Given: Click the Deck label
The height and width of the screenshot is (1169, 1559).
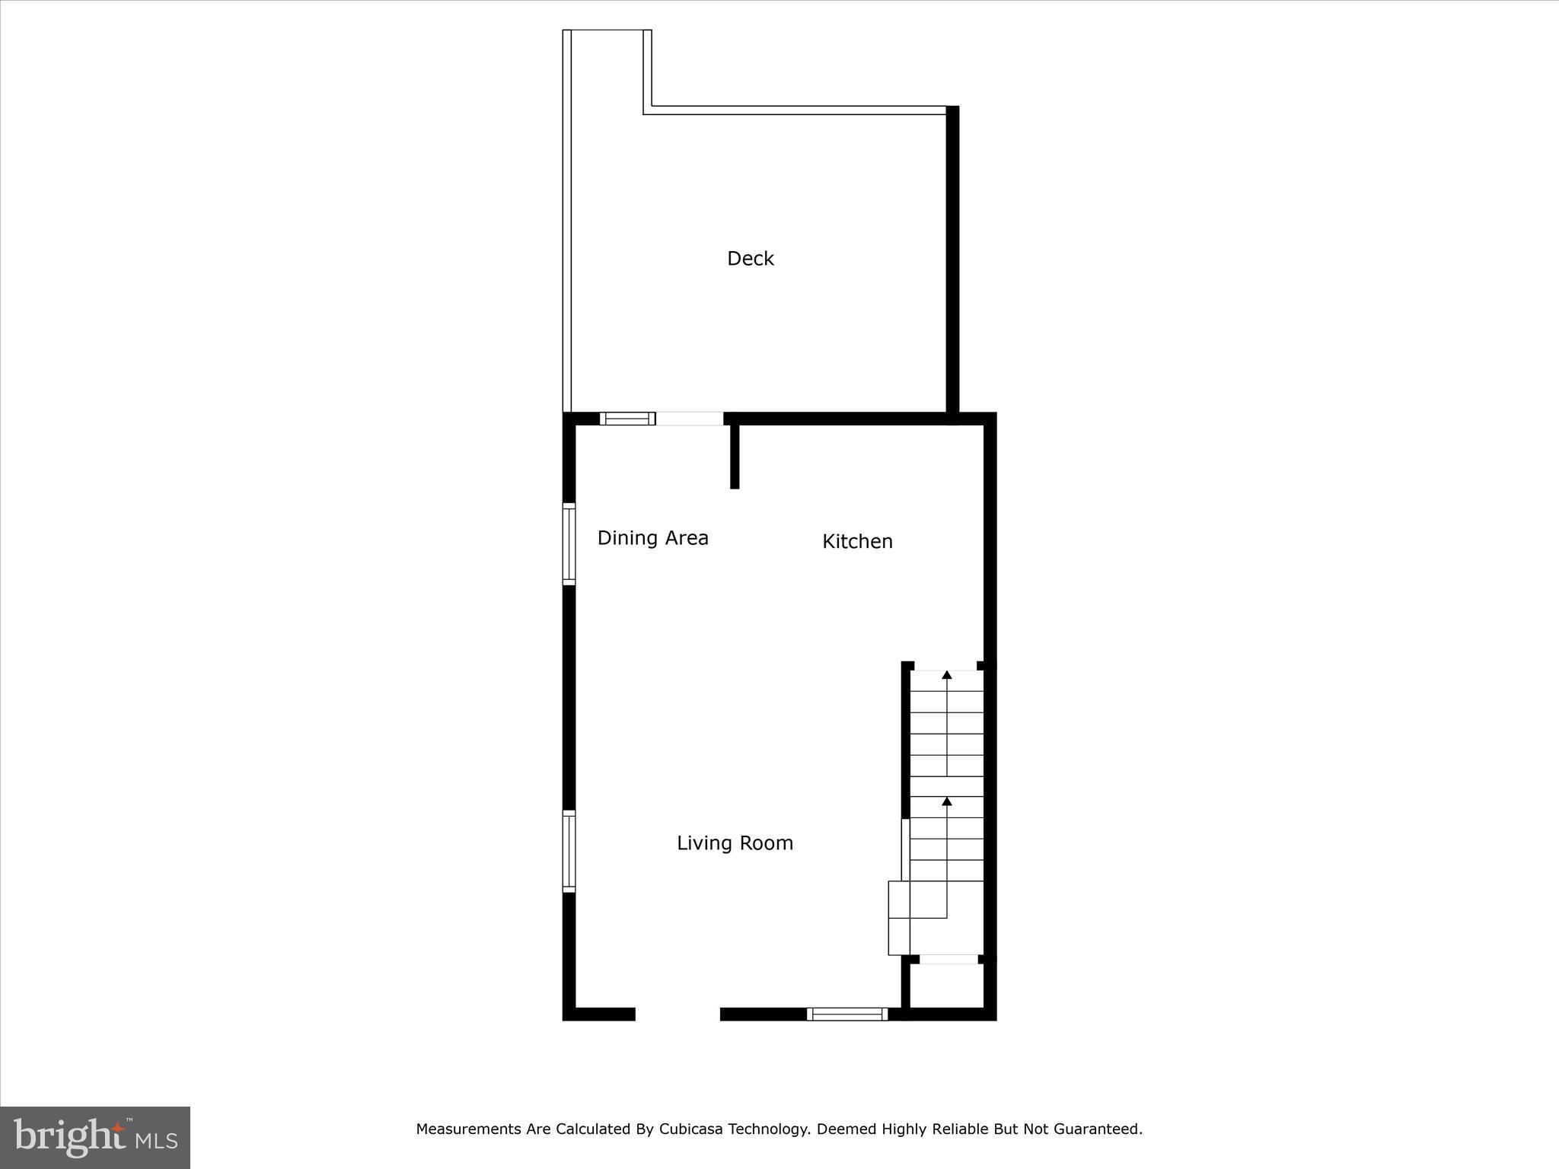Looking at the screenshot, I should click(750, 259).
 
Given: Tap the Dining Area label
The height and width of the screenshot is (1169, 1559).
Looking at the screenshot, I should click(652, 538).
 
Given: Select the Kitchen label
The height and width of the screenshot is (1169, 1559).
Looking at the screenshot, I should click(857, 541).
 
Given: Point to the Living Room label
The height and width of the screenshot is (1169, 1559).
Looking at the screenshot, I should click(735, 843).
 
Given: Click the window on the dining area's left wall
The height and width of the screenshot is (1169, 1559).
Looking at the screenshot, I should click(569, 543).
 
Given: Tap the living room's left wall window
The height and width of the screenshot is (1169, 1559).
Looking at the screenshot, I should click(569, 851).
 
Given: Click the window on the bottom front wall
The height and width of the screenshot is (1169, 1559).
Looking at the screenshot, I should click(846, 1014).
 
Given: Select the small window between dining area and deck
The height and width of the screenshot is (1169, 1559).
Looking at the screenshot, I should click(627, 419).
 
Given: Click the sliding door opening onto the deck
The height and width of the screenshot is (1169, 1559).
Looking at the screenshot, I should click(690, 419).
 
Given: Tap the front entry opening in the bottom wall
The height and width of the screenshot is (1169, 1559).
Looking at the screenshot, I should click(677, 1014).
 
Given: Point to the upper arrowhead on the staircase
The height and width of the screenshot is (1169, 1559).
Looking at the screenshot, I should click(946, 674).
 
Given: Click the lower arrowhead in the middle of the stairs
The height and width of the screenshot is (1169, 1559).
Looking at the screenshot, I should click(946, 801).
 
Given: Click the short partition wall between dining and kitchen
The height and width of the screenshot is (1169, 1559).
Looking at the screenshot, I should click(735, 456).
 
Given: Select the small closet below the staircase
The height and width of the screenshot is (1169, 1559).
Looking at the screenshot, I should click(948, 987).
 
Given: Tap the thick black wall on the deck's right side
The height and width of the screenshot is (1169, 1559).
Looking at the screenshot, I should click(952, 259).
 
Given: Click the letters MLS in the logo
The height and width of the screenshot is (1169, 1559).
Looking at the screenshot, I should click(157, 1141).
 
